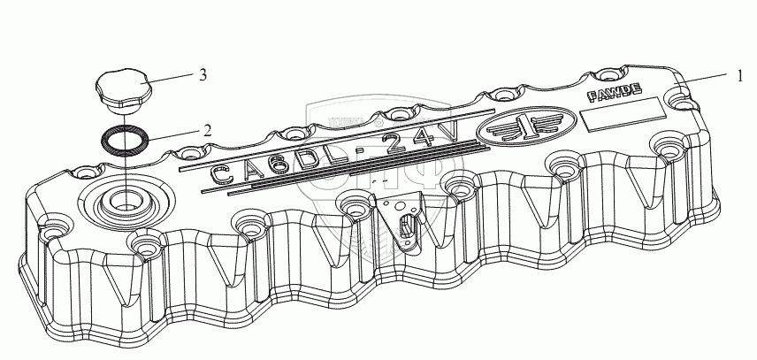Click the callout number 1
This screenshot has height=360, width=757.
tap(738, 76)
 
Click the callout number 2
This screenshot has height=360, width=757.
tap(207, 129)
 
